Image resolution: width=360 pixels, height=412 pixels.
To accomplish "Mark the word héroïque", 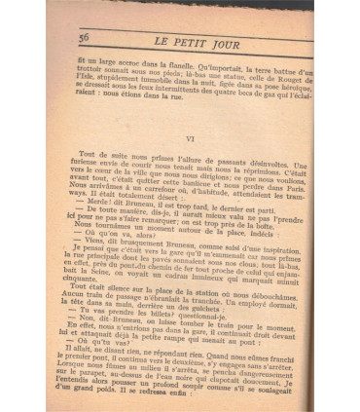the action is (x=291, y=93).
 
